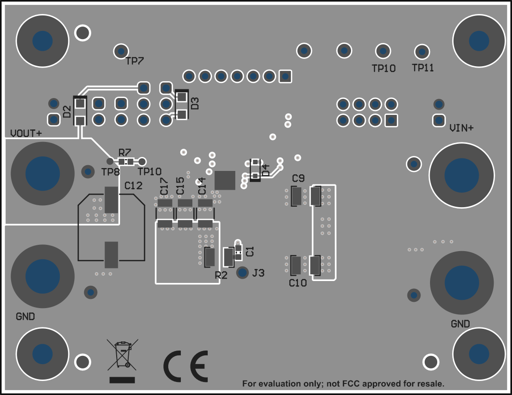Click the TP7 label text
tap(135, 61)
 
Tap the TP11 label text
tap(423, 68)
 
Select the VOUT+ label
tap(26, 133)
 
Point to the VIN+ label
tap(461, 128)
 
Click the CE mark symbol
tap(186, 367)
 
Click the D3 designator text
tap(195, 103)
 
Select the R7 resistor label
tap(124, 152)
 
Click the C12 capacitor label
tap(134, 185)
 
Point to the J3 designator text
tap(258, 273)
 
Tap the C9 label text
tap(298, 179)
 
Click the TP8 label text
tap(110, 172)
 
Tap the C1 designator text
tap(250, 251)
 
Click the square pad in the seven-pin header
tap(285, 76)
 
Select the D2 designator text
tap(67, 112)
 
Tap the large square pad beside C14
tap(225, 180)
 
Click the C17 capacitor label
tap(164, 186)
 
